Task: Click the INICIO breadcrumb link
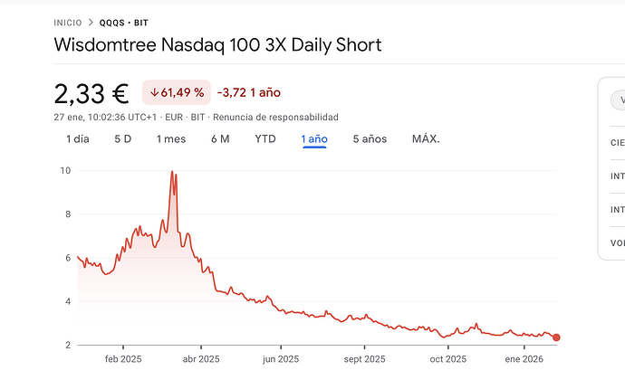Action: click(x=67, y=23)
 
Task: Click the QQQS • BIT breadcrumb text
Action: click(x=123, y=23)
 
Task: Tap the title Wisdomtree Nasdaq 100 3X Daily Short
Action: click(x=217, y=44)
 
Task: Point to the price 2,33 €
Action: click(x=91, y=92)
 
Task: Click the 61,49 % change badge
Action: click(x=177, y=92)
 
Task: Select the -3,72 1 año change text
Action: click(x=249, y=92)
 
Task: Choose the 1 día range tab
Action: click(x=78, y=139)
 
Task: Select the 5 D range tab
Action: click(x=122, y=139)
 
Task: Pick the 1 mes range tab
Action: click(x=170, y=139)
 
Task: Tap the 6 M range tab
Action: click(x=220, y=139)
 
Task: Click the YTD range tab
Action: click(x=265, y=139)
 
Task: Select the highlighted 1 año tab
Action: click(x=314, y=139)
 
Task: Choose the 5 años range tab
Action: click(x=370, y=139)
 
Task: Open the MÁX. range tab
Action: click(x=426, y=139)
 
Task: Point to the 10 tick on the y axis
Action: click(x=65, y=170)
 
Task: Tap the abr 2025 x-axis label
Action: click(x=201, y=359)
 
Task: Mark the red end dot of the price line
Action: click(x=556, y=337)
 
